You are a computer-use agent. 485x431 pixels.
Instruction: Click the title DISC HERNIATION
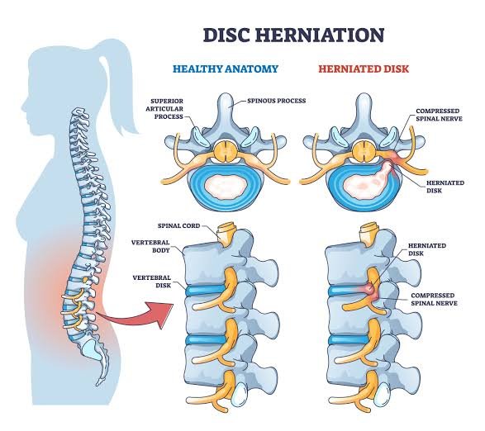click(x=294, y=35)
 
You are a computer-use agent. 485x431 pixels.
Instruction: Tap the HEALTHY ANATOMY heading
click(x=226, y=69)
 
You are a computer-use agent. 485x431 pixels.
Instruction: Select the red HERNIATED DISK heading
click(x=364, y=69)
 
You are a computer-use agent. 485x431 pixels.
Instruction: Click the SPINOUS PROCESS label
click(x=277, y=101)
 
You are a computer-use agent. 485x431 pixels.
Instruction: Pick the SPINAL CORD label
click(x=178, y=225)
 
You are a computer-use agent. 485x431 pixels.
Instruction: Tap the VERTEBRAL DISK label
click(x=152, y=282)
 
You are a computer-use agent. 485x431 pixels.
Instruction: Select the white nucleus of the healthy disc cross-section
click(x=226, y=187)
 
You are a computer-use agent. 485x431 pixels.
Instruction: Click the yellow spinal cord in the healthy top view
click(x=226, y=150)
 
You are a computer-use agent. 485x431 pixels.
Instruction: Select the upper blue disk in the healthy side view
click(x=205, y=290)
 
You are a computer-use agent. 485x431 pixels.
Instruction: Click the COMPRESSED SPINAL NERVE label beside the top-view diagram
click(x=439, y=115)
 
